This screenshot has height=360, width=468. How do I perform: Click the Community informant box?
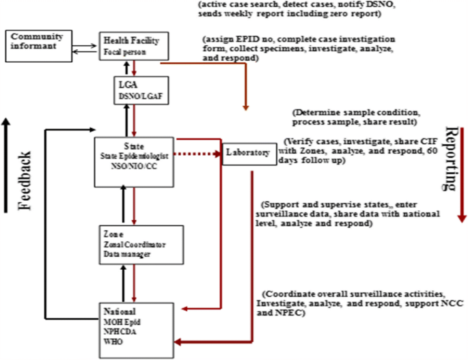click(x=32, y=40)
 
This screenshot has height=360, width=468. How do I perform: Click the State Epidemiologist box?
click(x=133, y=161)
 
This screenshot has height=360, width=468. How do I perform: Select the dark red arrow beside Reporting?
click(x=463, y=178)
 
